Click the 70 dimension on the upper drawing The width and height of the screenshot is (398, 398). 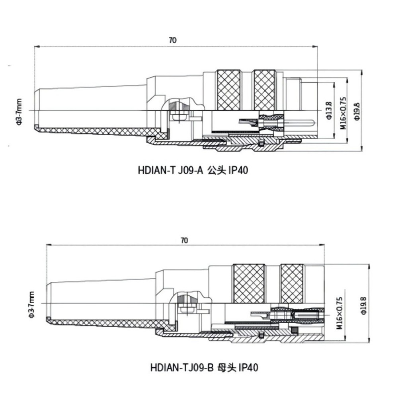click(x=173, y=40)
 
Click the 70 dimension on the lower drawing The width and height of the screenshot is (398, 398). click(x=185, y=240)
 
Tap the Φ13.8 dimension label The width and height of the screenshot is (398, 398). click(x=329, y=110)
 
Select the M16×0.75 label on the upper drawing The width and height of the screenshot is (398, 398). click(x=343, y=113)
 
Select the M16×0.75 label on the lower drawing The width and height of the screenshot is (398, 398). click(x=339, y=313)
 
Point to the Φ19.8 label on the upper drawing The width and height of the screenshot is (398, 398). click(x=357, y=111)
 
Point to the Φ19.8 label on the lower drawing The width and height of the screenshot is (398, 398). click(x=364, y=306)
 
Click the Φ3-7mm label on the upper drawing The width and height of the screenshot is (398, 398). click(x=19, y=112)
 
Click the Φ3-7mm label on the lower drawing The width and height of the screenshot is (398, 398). click(x=31, y=304)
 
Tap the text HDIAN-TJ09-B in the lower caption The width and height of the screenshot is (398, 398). click(x=182, y=367)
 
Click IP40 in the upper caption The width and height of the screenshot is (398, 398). click(x=238, y=170)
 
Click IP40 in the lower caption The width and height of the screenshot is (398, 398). click(x=249, y=367)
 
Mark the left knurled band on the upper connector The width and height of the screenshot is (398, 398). click(x=229, y=90)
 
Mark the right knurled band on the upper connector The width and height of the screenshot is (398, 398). click(x=265, y=90)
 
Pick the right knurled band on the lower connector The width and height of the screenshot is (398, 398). click(x=292, y=283)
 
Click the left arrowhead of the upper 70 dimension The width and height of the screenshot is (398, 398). click(x=37, y=47)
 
